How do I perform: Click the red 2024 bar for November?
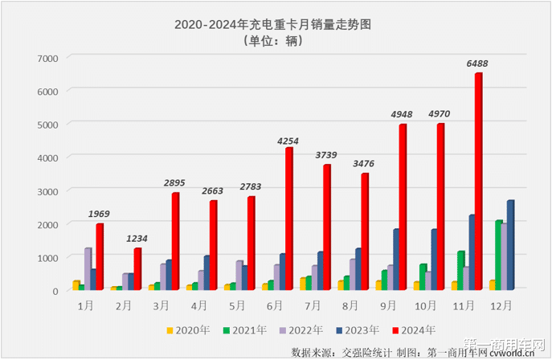click(478, 182)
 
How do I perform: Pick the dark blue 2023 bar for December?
click(510, 245)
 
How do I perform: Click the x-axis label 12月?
click(502, 305)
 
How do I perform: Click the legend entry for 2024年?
click(415, 329)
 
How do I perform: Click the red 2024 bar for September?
click(403, 207)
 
